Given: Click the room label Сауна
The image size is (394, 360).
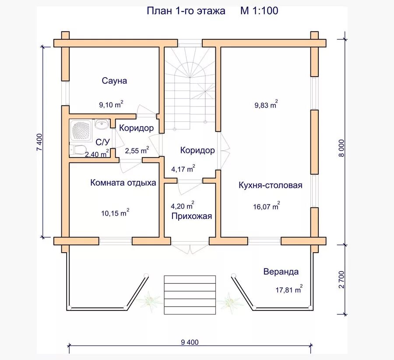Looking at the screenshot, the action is (114, 81).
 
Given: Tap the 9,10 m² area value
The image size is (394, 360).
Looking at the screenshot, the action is (111, 104).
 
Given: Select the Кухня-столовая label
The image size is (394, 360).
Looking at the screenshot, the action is (271, 185).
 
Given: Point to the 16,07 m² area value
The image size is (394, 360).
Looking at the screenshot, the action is (266, 206).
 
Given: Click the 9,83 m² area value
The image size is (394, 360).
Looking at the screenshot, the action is (266, 105).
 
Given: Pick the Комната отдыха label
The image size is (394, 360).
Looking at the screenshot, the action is (123, 183).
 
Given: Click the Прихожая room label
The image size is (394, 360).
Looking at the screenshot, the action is (192, 216).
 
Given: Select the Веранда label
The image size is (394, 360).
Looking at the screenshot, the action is (281, 272).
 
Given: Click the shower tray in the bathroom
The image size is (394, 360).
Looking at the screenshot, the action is (81, 130).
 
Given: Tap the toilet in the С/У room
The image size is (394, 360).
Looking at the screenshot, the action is (79, 150).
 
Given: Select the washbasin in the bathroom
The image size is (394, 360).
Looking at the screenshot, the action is (102, 124).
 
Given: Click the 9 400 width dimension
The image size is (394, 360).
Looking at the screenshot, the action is (190, 342).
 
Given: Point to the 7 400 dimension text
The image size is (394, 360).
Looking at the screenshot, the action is (39, 142).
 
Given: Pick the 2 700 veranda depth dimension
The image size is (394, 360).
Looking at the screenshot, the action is (342, 280).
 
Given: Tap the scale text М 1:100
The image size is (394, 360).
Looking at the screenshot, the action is (259, 11).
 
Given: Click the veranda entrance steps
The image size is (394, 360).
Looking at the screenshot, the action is (190, 293).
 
